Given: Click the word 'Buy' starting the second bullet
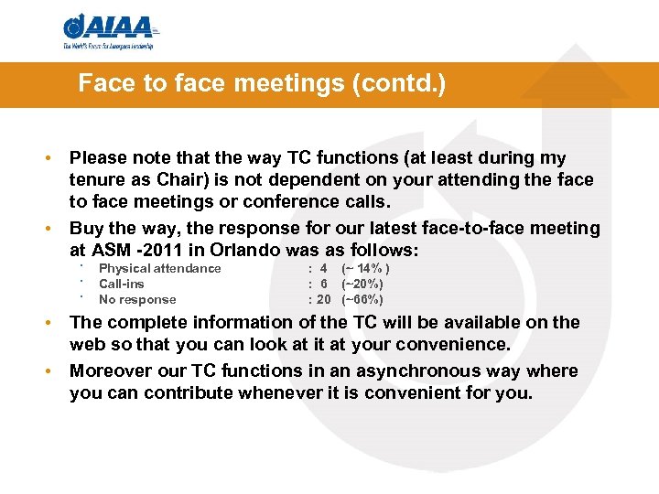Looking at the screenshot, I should [87, 228].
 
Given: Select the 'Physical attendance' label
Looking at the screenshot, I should [159, 268].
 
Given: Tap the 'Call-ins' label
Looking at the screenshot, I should [121, 284].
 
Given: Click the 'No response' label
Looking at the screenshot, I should [137, 299].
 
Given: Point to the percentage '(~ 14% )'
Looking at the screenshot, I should [365, 268].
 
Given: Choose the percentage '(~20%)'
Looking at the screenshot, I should [362, 284].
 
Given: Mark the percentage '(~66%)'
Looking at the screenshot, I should [362, 299].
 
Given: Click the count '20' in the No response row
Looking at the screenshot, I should [324, 299].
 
